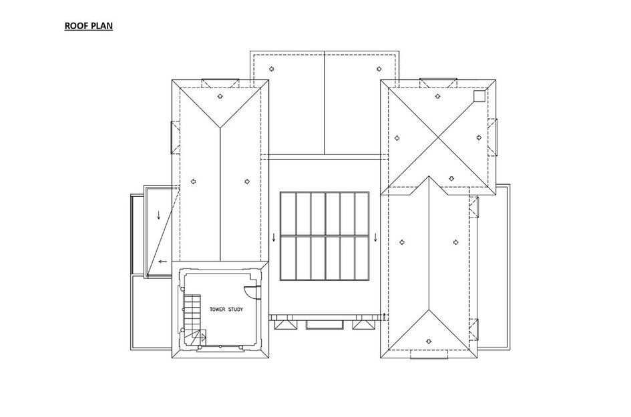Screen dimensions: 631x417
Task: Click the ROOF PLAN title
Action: [89, 26]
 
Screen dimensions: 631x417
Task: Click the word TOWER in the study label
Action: [217, 310]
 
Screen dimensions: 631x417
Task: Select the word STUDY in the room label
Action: [236, 310]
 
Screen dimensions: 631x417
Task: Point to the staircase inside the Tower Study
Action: [192, 318]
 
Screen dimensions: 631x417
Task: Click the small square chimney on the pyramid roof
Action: [479, 96]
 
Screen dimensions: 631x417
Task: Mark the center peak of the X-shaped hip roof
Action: [438, 138]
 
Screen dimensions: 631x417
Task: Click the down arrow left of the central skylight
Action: [274, 238]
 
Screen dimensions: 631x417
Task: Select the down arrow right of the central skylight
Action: [375, 238]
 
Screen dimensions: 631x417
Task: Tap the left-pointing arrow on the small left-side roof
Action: [162, 262]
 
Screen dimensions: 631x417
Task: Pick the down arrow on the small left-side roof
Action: [158, 215]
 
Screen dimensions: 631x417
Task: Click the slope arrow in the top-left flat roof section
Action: [271, 69]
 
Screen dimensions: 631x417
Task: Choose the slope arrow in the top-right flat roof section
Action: [379, 69]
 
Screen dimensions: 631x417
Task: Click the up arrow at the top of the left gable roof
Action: [220, 96]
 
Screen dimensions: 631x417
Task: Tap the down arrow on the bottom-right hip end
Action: [429, 342]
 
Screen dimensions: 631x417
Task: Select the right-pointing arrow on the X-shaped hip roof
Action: [479, 137]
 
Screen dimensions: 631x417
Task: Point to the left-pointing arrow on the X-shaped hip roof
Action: [397, 138]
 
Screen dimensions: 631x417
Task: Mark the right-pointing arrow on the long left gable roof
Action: [247, 181]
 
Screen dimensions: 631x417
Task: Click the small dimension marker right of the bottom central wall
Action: [385, 316]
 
